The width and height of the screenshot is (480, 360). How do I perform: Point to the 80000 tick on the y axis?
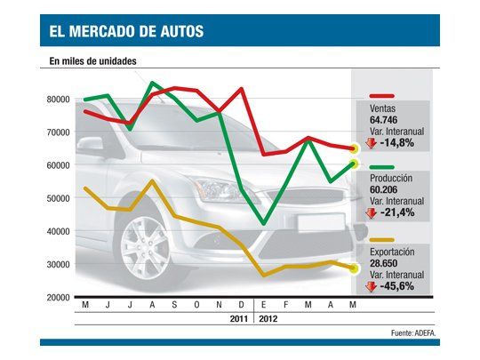tap(58, 100)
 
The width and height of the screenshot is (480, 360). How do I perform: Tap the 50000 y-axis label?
tap(58, 198)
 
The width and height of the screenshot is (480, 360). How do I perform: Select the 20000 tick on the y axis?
tap(58, 298)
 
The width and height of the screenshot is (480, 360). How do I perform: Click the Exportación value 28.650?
tap(387, 265)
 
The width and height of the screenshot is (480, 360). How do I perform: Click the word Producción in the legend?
tap(393, 179)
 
